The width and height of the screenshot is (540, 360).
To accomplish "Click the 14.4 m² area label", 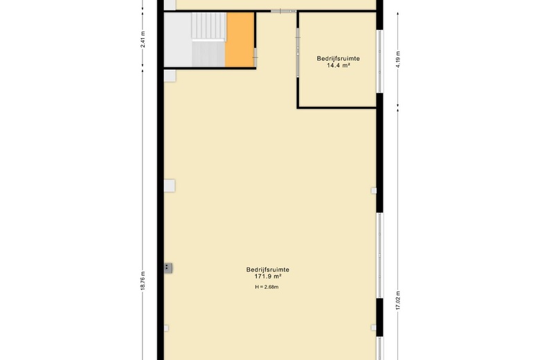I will pos(339,66).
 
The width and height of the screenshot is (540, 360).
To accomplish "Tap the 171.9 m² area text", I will pos(267,277).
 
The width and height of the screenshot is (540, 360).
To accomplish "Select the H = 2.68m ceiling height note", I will pos(267,287).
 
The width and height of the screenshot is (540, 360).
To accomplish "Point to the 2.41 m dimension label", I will pos(143,39).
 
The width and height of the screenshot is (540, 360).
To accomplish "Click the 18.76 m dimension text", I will pos(143,280).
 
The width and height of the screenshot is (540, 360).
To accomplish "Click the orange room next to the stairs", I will pos(240,42).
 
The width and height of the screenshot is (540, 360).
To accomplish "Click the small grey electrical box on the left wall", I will pos(168,267).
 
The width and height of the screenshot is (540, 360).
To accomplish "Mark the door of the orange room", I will pos(255,52).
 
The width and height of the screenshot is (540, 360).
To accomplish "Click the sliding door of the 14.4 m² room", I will pos(298,55).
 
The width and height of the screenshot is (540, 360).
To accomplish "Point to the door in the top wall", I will pos(284,11).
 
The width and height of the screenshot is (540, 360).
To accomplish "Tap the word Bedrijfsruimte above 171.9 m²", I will pos(267,269).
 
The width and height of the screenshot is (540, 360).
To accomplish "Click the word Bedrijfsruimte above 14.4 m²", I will pos(339,59).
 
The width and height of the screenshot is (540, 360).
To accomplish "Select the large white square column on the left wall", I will pos(170,186).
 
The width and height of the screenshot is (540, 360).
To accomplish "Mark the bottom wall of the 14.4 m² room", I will pos(338,107).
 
